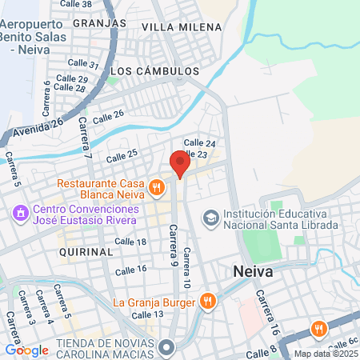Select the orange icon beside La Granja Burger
(208, 302)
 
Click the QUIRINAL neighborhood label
(86, 251)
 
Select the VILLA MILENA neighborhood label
(181, 27)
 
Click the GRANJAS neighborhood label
(100, 23)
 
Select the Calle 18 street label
(130, 241)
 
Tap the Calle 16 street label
(130, 270)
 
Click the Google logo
(26, 350)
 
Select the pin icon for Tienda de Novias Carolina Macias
(166, 347)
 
